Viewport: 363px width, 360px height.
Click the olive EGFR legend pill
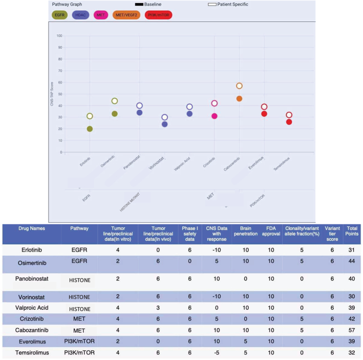(x=60, y=15)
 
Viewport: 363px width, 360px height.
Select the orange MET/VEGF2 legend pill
(x=126, y=15)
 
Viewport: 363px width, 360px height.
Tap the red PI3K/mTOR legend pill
(x=159, y=15)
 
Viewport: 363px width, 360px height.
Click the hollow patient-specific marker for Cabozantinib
(x=240, y=86)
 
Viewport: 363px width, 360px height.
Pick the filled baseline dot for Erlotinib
(x=90, y=129)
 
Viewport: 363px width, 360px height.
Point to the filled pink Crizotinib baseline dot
(x=215, y=116)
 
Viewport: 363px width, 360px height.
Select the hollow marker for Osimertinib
(x=115, y=101)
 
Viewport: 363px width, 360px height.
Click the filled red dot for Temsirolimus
(x=289, y=122)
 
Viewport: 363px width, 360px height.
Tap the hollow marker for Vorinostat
(x=164, y=117)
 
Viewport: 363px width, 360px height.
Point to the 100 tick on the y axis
(x=59, y=36)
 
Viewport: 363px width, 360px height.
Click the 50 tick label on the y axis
(x=60, y=94)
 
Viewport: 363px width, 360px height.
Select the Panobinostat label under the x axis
(x=132, y=162)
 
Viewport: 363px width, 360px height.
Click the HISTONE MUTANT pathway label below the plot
(x=130, y=202)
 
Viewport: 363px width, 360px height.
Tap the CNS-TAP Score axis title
(x=52, y=94)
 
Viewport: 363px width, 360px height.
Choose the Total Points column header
(x=352, y=231)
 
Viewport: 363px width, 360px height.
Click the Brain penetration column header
(x=246, y=231)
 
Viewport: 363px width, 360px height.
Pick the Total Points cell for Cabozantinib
(x=352, y=330)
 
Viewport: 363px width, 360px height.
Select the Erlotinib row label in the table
(x=32, y=250)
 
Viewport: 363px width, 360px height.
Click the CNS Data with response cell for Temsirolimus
(x=217, y=353)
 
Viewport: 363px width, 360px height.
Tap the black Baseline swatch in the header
(x=139, y=5)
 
